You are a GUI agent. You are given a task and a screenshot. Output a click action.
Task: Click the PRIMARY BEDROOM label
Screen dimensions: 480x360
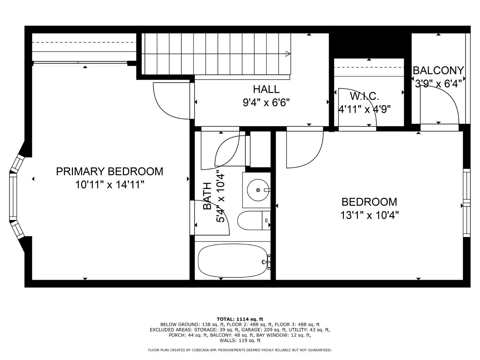(109, 172)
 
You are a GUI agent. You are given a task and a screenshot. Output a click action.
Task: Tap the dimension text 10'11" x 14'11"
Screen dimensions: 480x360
(109, 185)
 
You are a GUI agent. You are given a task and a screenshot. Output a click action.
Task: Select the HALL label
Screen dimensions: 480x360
(266, 89)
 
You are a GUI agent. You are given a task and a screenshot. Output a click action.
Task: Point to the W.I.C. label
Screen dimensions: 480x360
(364, 96)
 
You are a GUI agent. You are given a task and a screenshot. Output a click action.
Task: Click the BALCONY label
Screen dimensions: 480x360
(438, 70)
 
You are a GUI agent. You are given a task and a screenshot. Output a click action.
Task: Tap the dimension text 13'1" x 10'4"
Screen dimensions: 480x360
(369, 215)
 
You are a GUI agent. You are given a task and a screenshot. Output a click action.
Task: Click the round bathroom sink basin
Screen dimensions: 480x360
(258, 190)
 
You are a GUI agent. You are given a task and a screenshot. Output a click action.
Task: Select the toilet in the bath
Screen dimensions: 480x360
(254, 220)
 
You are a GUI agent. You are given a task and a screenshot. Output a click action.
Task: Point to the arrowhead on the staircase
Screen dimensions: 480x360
(288, 53)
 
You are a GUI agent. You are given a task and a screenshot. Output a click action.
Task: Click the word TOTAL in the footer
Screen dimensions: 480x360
(226, 319)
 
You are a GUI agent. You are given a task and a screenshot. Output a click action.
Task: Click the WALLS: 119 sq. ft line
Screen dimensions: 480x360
(240, 340)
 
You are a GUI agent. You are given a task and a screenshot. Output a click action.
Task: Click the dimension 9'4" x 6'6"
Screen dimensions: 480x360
(266, 102)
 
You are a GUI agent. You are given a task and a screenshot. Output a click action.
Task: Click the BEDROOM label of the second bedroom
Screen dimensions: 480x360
(369, 202)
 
